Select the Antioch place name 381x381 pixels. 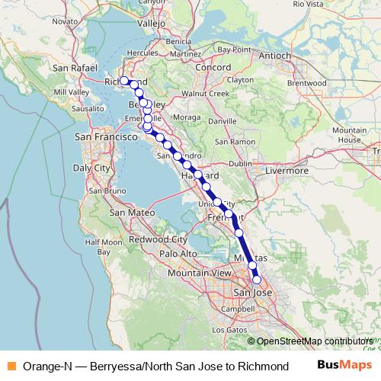click(x=276, y=56)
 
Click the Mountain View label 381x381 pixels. click(x=199, y=272)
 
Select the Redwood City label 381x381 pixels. click(x=153, y=239)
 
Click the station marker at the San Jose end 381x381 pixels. click(x=257, y=280)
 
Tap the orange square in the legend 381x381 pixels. click(x=11, y=366)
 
